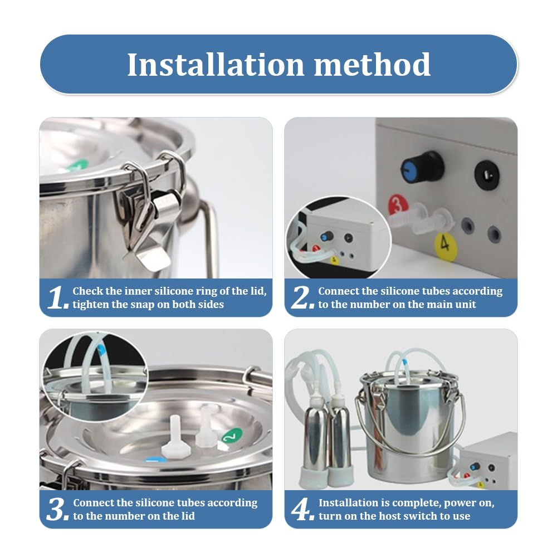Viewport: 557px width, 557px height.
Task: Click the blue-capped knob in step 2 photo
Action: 422,168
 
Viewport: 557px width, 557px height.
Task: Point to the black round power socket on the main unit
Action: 487,175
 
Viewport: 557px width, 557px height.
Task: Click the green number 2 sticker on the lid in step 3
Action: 232,436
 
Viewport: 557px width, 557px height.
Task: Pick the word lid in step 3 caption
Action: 187,516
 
